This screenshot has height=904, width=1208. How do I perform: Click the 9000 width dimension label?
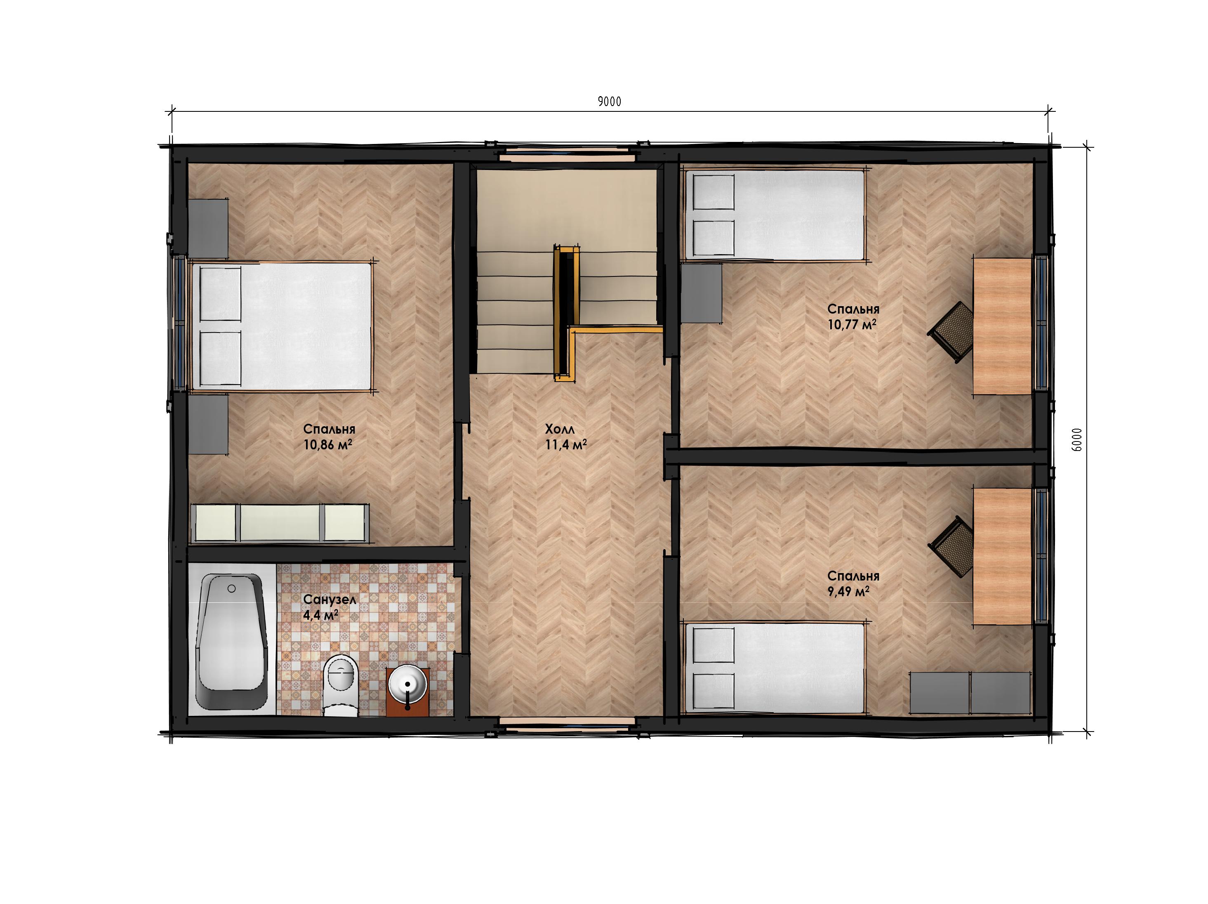coord(609,101)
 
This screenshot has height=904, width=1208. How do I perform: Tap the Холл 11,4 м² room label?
coord(566,437)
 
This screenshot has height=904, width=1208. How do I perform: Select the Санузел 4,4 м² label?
coord(329,607)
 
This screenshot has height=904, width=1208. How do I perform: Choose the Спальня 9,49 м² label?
coord(853,583)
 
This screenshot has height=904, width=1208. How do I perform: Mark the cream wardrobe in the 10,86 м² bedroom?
coord(279,523)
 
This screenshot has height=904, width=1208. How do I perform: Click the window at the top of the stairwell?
coord(568,156)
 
